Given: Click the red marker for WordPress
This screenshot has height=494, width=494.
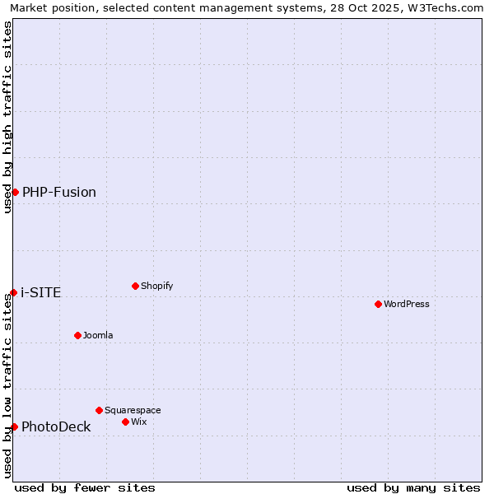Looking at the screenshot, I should click(x=378, y=304).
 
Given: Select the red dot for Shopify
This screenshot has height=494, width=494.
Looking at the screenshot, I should click(x=135, y=286).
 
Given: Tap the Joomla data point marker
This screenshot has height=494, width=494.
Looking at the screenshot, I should click(x=77, y=335).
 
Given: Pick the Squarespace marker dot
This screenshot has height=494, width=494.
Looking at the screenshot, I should click(x=99, y=410).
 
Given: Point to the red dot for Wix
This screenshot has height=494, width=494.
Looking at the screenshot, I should click(x=125, y=422).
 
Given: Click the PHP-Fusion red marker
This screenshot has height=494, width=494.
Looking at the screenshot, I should click(x=15, y=192).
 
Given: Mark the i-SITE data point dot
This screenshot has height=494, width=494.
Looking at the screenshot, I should click(x=13, y=292).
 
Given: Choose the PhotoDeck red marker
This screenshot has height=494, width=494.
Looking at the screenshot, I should click(x=14, y=426).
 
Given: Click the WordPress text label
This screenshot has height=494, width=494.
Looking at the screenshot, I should click(x=407, y=304).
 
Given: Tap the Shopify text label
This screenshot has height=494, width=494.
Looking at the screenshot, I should click(x=156, y=286).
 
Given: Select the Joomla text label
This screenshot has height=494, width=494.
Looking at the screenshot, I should click(x=98, y=335).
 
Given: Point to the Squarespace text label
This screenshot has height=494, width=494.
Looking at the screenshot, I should click(x=133, y=410).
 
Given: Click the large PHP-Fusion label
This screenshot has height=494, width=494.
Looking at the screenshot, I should click(x=59, y=192).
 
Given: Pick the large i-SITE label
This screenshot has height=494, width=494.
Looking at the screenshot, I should click(x=41, y=292).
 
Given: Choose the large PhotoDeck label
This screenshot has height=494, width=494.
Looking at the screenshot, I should click(x=56, y=426).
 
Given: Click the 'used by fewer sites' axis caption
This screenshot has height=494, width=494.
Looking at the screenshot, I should click(x=85, y=487).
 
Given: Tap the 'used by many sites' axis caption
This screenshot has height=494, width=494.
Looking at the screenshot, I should click(x=413, y=487).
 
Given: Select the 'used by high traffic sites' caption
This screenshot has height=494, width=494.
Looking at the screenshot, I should click(x=7, y=117).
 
